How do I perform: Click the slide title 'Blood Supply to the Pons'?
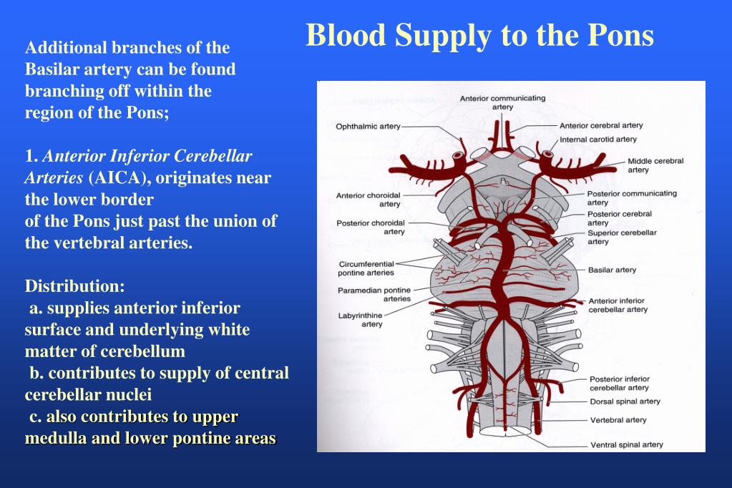click(479, 35)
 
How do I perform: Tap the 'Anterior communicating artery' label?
click(502, 102)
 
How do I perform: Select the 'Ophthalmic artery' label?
click(368, 127)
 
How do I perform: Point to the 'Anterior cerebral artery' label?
click(601, 126)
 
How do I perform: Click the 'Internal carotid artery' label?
click(597, 140)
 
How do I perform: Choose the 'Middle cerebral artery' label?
click(655, 165)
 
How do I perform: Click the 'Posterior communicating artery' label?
click(631, 197)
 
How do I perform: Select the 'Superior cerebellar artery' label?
click(621, 237)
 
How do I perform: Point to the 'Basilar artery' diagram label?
click(612, 270)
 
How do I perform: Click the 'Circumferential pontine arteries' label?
click(366, 268)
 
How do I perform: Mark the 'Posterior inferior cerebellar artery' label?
click(619, 383)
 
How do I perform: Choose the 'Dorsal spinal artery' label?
click(625, 401)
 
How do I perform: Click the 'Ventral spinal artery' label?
click(626, 444)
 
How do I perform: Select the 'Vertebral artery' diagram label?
click(618, 420)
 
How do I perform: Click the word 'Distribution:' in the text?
click(75, 286)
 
